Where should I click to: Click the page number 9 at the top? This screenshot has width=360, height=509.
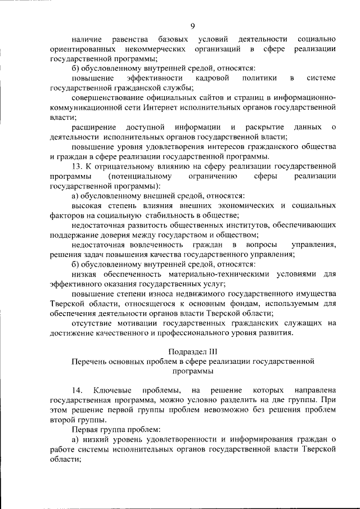click(x=192, y=26)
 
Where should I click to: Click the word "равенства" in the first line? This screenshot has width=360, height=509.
click(x=129, y=39)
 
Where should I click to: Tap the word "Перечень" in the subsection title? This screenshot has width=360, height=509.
click(x=90, y=362)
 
